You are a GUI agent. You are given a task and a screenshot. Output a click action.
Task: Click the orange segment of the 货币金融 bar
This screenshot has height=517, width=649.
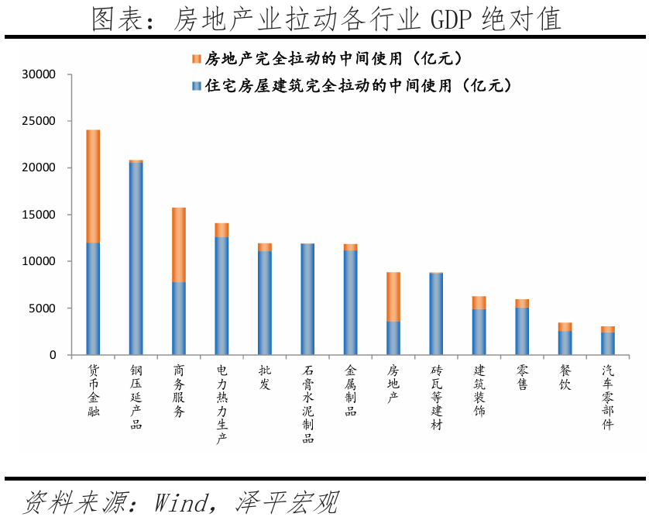pos(93,186)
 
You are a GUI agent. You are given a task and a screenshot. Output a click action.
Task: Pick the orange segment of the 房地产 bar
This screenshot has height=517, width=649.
pos(393,297)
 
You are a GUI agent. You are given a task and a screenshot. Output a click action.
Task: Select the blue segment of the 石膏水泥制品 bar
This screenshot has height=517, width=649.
pos(307,299)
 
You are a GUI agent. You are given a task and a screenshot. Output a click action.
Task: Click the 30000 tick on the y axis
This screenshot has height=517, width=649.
pos(40,74)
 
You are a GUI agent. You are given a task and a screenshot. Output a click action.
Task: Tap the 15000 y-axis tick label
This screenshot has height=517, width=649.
pos(40,215)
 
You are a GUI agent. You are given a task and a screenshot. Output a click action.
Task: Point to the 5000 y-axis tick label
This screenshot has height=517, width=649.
pos(43,308)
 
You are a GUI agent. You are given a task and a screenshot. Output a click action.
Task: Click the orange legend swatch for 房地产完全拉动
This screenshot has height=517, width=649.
pos(195,59)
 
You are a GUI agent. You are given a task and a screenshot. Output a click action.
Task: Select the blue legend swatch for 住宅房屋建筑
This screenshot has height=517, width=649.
pos(195,85)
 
